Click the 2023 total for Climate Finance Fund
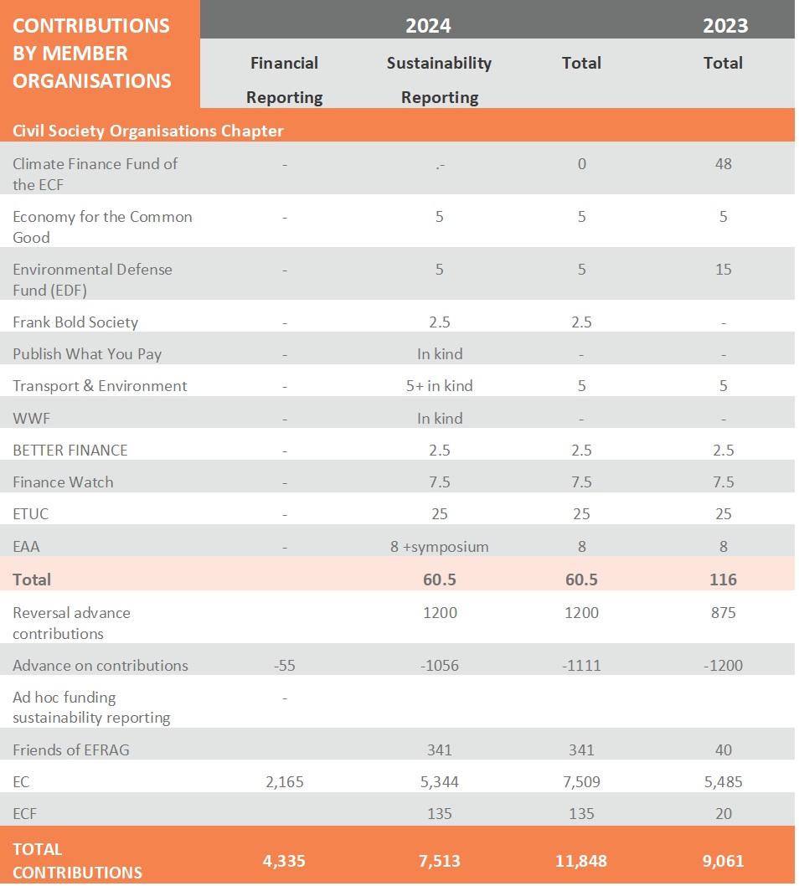723,164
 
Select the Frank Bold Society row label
75,322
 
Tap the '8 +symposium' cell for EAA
440,547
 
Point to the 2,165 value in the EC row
285,782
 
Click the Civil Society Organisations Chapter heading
148,131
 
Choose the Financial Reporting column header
285,80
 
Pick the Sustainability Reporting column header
440,80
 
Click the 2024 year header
428,25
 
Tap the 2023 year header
725,25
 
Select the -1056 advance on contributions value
440,666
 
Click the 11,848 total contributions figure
581,861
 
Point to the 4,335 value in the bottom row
285,861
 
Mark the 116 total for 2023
723,580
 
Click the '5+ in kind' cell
440,386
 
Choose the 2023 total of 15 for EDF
723,270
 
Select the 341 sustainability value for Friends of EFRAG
440,750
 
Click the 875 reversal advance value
723,613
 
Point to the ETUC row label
31,514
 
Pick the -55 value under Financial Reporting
285,666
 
